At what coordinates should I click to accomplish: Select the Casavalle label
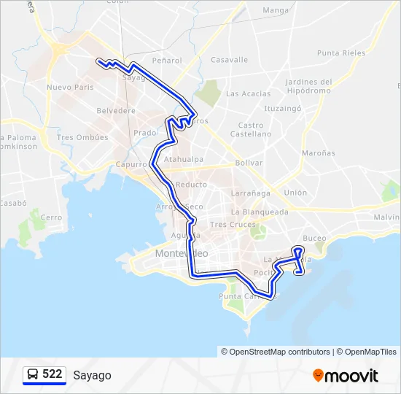point(229,60)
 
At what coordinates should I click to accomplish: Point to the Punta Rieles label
point(341,53)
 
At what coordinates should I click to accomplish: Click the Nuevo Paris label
point(70,87)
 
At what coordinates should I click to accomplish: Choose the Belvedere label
point(116,111)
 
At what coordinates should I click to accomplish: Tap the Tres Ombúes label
point(82,137)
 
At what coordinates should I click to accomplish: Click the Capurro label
point(131,164)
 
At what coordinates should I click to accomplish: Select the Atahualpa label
point(184,158)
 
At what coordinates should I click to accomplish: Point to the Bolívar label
point(249,163)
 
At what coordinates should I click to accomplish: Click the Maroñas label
point(319,153)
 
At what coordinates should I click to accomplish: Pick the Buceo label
point(314,238)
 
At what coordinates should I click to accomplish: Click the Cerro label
point(51,217)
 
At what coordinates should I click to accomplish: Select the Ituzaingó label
point(283,108)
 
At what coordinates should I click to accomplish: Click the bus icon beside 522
point(33,375)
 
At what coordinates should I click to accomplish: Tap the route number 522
point(52,374)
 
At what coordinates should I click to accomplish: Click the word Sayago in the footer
point(92,375)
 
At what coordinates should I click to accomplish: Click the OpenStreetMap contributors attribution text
point(280,352)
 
